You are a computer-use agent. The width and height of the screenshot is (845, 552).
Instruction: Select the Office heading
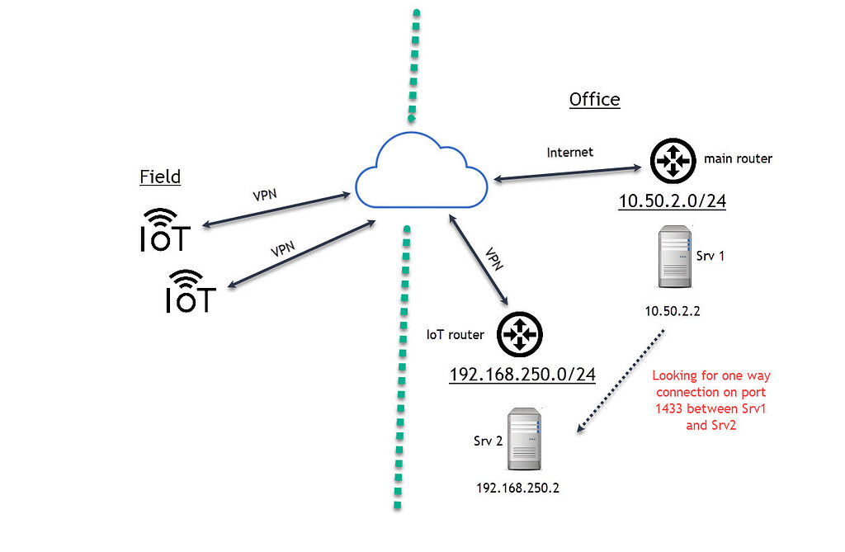tap(594, 100)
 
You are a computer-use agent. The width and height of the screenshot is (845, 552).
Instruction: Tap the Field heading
tap(160, 177)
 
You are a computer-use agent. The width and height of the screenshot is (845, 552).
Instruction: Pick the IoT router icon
tap(520, 335)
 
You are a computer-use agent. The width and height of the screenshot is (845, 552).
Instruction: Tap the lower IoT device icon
tap(191, 291)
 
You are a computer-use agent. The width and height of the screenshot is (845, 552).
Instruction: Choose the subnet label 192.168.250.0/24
tap(522, 375)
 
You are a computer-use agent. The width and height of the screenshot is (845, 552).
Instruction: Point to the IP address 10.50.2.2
tap(673, 310)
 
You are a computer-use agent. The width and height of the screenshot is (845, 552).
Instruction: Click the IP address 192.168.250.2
tap(518, 488)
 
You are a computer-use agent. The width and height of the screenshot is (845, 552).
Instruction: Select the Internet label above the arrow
tap(569, 152)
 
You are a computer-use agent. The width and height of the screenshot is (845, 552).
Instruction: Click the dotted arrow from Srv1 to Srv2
tap(620, 380)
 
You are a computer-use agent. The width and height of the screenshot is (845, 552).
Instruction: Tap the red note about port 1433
tap(710, 400)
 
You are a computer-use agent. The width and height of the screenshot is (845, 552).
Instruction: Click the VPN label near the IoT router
tap(494, 260)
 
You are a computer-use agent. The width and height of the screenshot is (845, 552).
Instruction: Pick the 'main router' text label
tap(738, 158)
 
